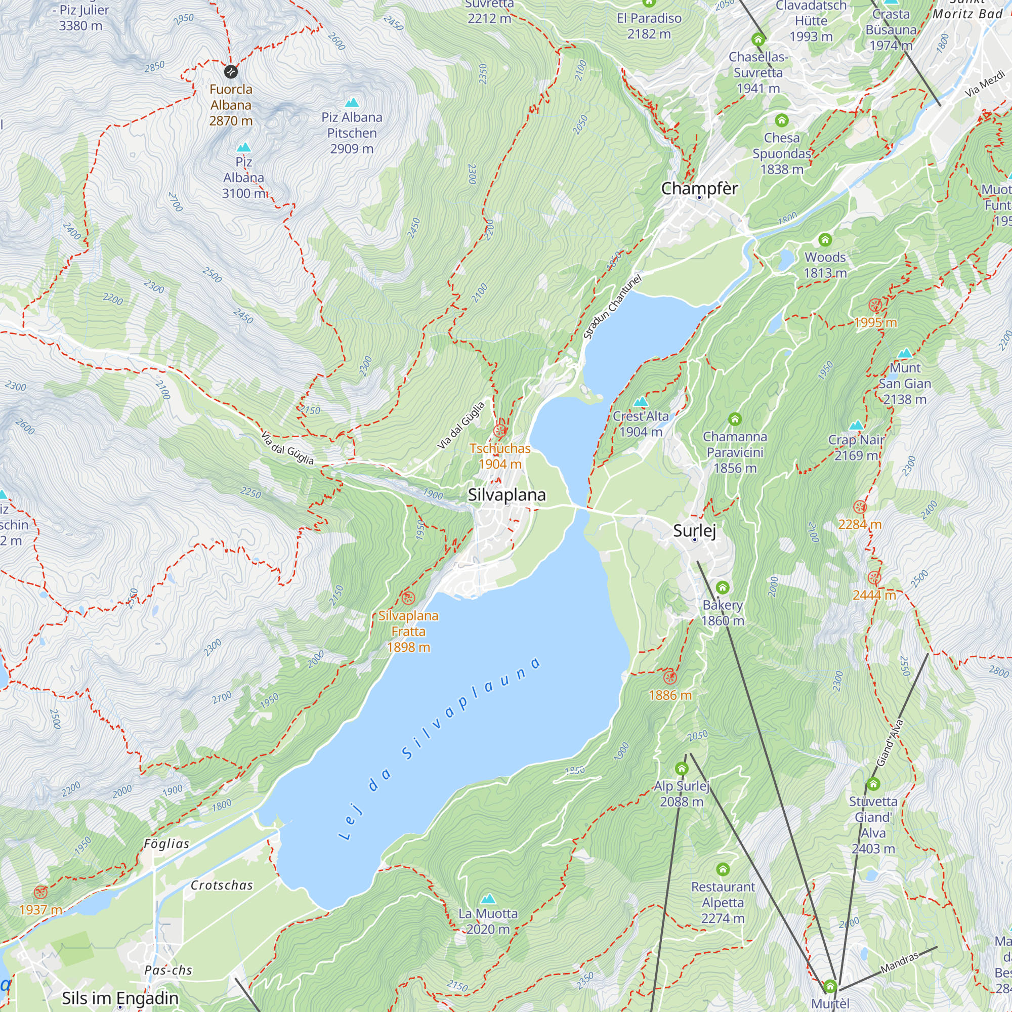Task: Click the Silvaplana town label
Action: [506, 494]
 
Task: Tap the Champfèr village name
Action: [699, 189]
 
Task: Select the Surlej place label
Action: [694, 531]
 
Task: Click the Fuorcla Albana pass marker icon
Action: [230, 72]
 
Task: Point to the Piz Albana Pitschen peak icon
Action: [352, 102]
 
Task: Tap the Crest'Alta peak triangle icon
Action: [641, 402]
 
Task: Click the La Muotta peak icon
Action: [488, 899]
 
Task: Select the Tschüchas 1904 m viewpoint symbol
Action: [500, 431]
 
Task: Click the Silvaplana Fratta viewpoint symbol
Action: [407, 598]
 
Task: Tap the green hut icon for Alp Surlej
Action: [681, 769]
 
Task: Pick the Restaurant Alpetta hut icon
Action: [723, 869]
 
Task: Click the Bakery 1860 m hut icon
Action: [723, 587]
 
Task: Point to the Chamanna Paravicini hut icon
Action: [735, 419]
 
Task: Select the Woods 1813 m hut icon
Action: [825, 240]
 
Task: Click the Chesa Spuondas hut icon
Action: [782, 120]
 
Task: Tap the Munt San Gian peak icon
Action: [905, 353]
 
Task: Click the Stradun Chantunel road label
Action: [612, 307]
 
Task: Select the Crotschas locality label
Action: [222, 885]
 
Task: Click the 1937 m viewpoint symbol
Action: [40, 892]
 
